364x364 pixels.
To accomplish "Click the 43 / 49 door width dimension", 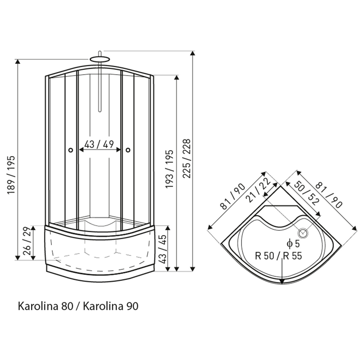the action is coord(99,144).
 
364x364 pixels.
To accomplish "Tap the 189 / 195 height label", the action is coord(11,175).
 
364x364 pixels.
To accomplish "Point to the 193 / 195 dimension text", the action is coord(169,169).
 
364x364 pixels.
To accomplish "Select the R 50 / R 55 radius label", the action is coord(278,256).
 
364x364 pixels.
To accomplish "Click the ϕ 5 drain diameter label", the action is coord(293,244).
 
